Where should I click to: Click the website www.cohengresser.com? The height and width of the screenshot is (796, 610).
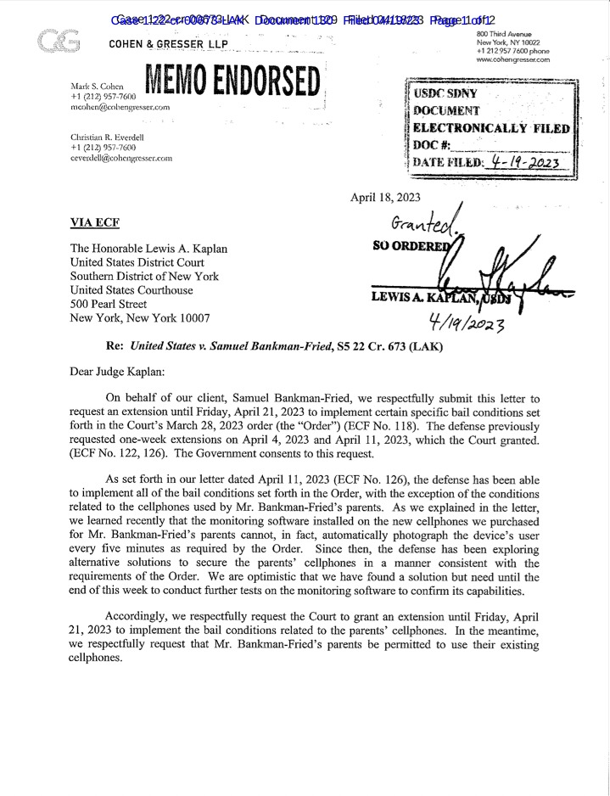tap(513, 60)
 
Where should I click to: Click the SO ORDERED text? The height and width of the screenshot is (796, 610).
tap(407, 246)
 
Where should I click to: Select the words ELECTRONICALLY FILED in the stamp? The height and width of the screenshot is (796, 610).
tap(491, 127)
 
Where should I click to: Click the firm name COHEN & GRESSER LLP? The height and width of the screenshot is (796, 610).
tap(168, 44)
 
